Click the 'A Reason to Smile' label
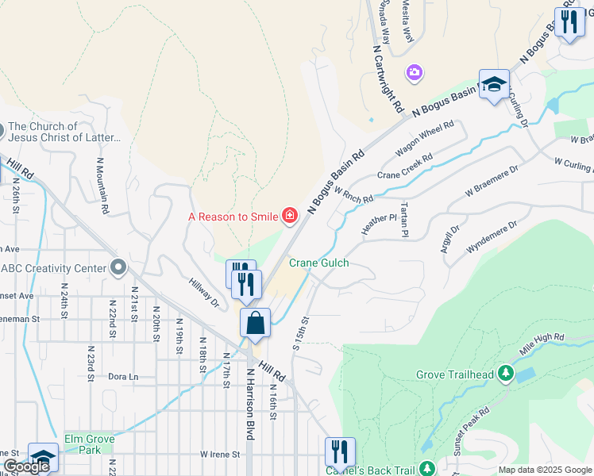(233, 217)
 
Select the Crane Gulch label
(318, 263)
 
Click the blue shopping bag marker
(256, 324)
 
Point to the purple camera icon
(413, 74)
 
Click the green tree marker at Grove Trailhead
(504, 374)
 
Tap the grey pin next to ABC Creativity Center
(119, 267)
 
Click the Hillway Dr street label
(204, 291)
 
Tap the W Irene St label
(220, 455)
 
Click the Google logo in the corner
(26, 466)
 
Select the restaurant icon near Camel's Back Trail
(340, 451)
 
